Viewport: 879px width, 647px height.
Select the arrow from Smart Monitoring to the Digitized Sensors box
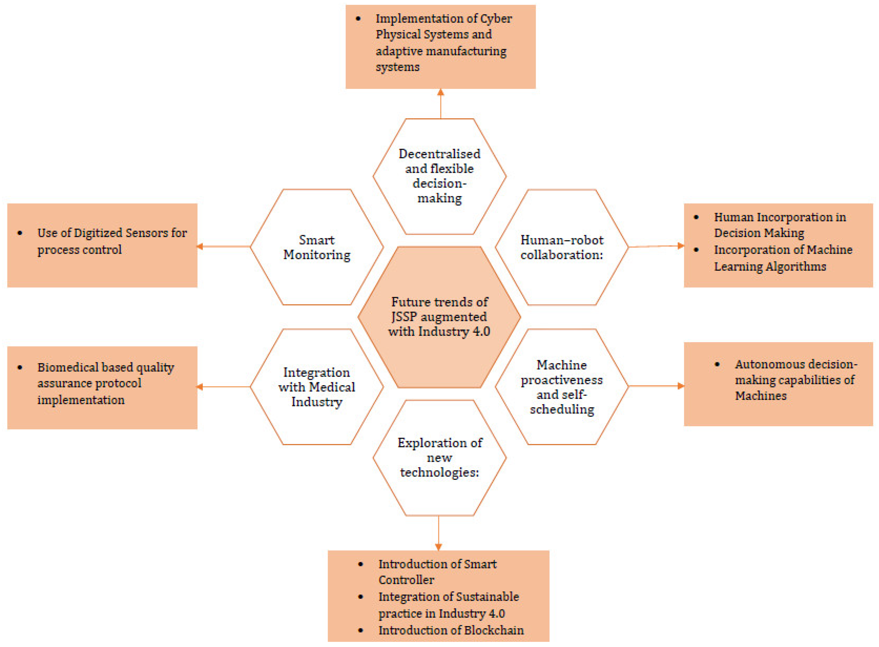tap(224, 246)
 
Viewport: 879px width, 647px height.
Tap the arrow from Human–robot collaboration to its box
tap(656, 246)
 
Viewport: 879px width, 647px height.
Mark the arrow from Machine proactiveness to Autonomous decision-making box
tap(656, 386)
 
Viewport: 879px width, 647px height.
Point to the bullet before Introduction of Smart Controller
tap(361, 564)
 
